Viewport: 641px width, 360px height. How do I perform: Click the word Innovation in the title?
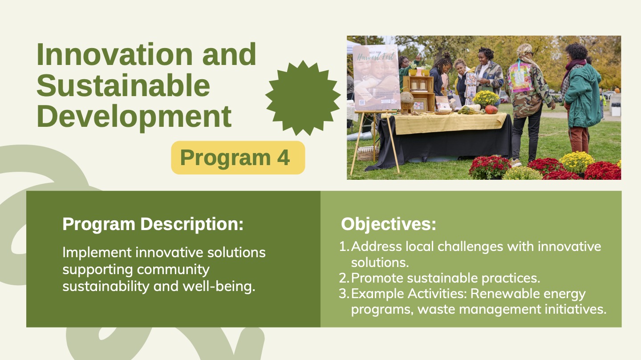[x=115, y=54]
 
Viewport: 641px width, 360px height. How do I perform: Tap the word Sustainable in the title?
[x=123, y=85]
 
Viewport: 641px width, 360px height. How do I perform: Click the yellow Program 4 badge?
[x=238, y=158]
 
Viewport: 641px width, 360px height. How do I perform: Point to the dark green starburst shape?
[x=303, y=98]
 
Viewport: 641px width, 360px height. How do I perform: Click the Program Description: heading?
[x=153, y=224]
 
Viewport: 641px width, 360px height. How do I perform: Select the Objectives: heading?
[x=389, y=224]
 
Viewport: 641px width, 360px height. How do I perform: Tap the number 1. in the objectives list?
[x=344, y=247]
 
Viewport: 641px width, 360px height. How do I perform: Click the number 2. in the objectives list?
[x=344, y=278]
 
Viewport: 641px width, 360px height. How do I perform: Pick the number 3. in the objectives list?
[x=344, y=294]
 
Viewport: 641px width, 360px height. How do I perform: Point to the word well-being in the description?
[x=219, y=286]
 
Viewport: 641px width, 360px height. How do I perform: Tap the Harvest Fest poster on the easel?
[x=376, y=77]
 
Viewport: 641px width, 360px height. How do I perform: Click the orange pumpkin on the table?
[x=491, y=109]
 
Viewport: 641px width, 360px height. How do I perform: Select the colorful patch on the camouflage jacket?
[x=520, y=77]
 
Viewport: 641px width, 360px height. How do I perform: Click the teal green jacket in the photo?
[x=583, y=96]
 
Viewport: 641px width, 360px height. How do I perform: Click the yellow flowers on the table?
[x=486, y=97]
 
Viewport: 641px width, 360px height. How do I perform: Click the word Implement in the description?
[x=97, y=253]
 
